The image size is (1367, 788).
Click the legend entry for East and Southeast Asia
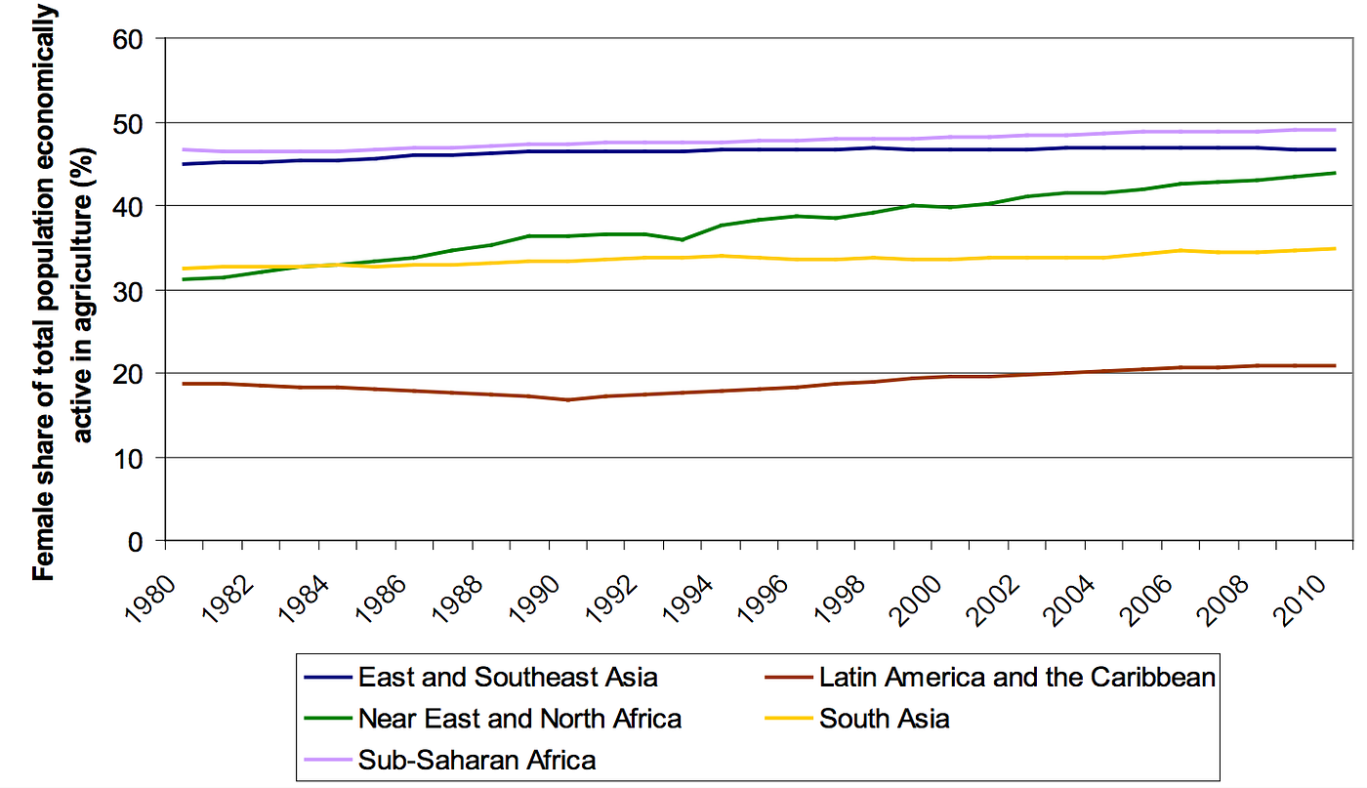tap(508, 677)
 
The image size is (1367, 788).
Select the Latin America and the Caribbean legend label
tap(1017, 677)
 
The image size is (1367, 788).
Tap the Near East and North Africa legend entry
tap(519, 719)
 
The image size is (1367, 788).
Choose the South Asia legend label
tap(885, 719)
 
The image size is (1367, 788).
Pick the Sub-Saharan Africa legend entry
tap(476, 760)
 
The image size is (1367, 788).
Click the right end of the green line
tap(1335, 173)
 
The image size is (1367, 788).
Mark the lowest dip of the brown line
tap(567, 399)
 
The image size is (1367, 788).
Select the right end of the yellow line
tap(1335, 248)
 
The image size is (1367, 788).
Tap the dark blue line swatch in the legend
tap(328, 677)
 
